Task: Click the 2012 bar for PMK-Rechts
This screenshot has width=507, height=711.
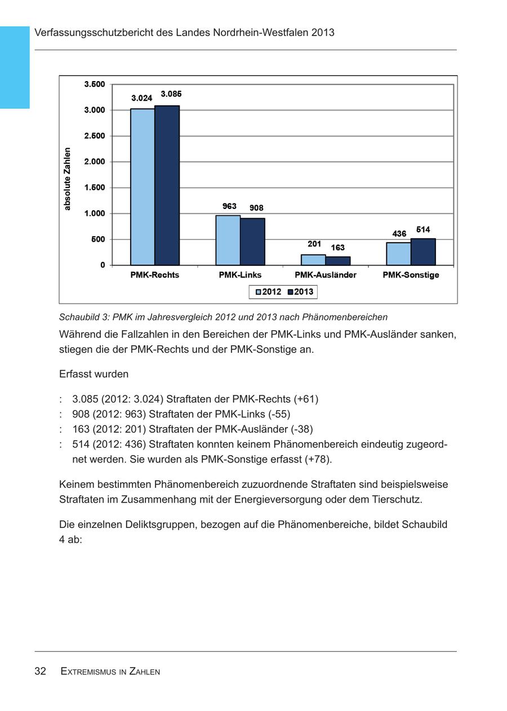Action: (x=143, y=186)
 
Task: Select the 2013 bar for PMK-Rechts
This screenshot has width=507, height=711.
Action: (x=167, y=185)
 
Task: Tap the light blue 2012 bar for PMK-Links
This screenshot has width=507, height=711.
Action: (x=228, y=240)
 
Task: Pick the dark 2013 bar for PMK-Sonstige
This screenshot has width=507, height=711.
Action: (x=423, y=252)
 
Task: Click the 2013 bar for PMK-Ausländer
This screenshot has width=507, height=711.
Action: (x=338, y=261)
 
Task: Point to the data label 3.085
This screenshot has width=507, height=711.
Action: (x=171, y=94)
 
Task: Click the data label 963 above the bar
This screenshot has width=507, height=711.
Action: (x=229, y=206)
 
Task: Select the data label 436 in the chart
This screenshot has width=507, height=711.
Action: (x=399, y=233)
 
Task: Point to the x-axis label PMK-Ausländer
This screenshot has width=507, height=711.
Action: (x=326, y=275)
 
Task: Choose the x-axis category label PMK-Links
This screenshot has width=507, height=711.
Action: (x=241, y=275)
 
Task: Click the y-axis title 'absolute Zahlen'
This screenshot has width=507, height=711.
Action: (x=68, y=179)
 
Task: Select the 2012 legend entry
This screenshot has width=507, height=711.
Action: (x=268, y=292)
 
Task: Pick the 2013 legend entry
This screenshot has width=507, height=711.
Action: (x=300, y=292)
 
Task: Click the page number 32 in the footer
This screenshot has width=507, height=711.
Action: (x=40, y=671)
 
